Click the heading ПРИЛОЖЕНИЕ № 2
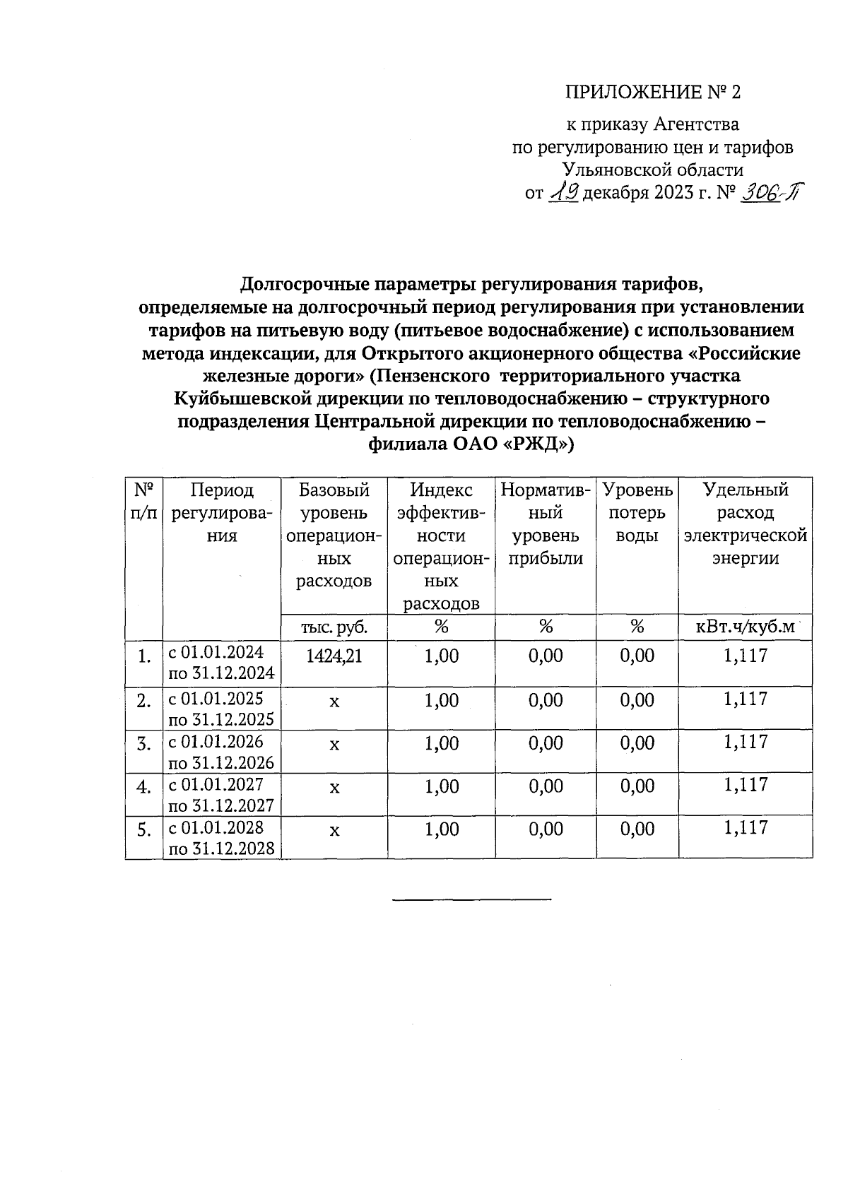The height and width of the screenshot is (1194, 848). tap(654, 93)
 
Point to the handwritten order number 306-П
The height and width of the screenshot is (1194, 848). tap(770, 192)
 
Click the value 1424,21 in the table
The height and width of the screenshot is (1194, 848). tap(334, 656)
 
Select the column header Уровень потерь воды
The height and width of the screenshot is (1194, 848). tap(637, 513)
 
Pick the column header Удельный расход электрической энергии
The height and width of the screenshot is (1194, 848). tap(746, 524)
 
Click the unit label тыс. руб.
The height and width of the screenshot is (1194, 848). tap(334, 627)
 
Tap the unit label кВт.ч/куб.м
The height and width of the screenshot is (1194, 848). tap(746, 627)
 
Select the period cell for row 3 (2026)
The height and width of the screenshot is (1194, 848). tap(221, 752)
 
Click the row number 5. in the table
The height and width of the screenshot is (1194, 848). tap(144, 830)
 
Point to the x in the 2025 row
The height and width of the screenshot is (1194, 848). tap(334, 701)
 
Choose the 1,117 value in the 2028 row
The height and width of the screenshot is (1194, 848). tap(746, 828)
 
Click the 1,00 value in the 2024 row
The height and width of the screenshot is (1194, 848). tap(442, 656)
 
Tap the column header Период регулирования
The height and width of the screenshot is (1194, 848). tap(221, 513)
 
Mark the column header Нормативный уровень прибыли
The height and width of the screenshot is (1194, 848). tap(546, 524)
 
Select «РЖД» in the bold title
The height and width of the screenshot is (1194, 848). tap(538, 444)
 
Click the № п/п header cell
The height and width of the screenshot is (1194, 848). tap(144, 502)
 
